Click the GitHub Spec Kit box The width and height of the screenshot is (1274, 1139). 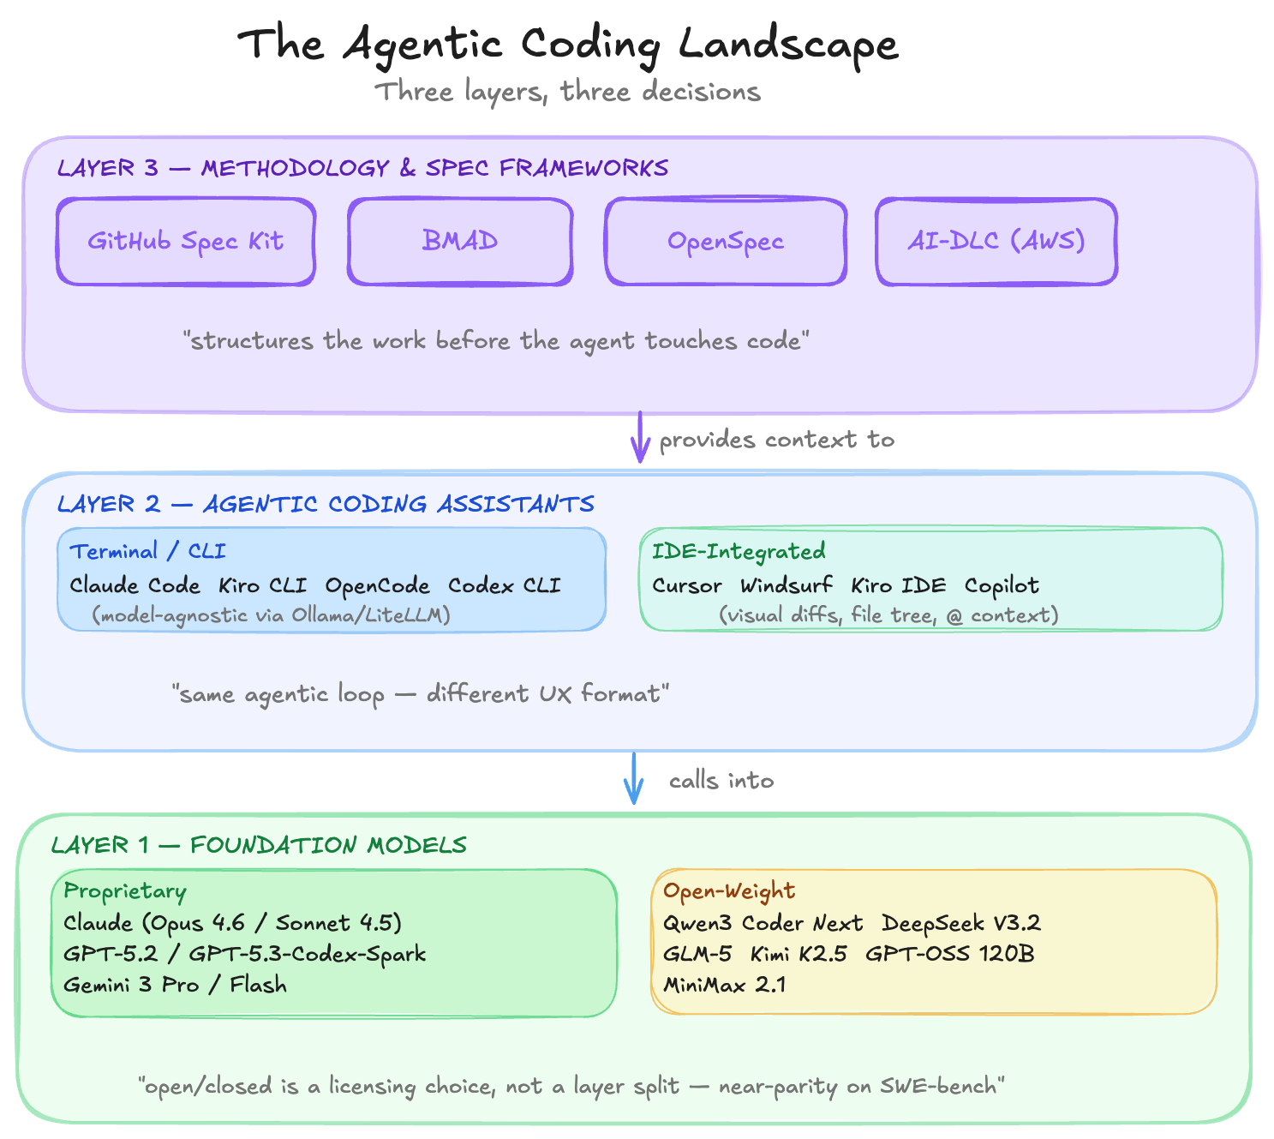[186, 242]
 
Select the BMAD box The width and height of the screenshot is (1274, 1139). [460, 242]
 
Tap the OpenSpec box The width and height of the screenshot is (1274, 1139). [726, 242]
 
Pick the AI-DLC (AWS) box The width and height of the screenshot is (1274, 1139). [996, 242]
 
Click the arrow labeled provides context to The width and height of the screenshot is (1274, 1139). [639, 437]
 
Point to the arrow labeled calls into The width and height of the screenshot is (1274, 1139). [634, 778]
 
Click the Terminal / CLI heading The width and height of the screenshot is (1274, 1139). [147, 551]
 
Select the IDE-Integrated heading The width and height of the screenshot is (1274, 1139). [739, 551]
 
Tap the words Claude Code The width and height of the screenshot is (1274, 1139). [135, 585]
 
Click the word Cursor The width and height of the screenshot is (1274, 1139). [687, 585]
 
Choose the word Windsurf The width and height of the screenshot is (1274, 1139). [787, 585]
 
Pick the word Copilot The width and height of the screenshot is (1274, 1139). [1002, 585]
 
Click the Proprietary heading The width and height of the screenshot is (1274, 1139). [125, 891]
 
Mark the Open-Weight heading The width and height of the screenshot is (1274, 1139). [729, 891]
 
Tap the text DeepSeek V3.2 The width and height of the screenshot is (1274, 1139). [961, 923]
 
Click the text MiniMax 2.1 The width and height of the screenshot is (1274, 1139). [725, 985]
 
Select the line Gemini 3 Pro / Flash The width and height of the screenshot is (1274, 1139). [175, 985]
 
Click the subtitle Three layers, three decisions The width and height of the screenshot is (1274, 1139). [567, 92]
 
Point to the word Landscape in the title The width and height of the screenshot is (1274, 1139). [788, 45]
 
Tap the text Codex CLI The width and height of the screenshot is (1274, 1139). [505, 585]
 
